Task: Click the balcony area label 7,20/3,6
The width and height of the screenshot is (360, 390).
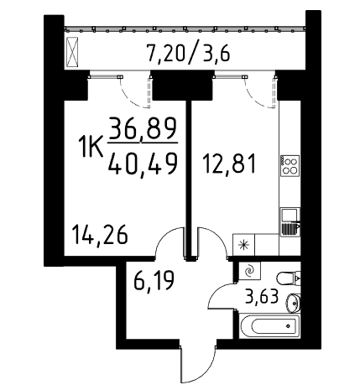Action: (x=189, y=54)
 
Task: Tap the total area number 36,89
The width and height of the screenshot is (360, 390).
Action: (x=143, y=128)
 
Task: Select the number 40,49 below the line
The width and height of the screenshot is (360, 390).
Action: (x=143, y=164)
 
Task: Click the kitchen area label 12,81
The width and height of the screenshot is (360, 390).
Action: (x=229, y=164)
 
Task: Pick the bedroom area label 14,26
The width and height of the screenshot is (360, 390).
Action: (x=100, y=235)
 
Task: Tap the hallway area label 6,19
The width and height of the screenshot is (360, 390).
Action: (x=154, y=280)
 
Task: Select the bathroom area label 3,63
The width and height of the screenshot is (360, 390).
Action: (x=262, y=296)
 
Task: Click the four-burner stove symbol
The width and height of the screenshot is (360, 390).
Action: (x=290, y=165)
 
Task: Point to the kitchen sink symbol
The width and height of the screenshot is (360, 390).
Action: (x=290, y=222)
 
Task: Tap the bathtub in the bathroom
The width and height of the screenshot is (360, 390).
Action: (x=269, y=326)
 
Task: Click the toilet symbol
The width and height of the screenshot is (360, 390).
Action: (x=289, y=278)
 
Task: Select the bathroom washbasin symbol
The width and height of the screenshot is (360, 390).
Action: (x=293, y=302)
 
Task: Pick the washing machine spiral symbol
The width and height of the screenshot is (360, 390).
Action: (x=249, y=271)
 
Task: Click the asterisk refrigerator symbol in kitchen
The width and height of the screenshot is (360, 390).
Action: (x=243, y=245)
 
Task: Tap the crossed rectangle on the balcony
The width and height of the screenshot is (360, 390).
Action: (x=72, y=52)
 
